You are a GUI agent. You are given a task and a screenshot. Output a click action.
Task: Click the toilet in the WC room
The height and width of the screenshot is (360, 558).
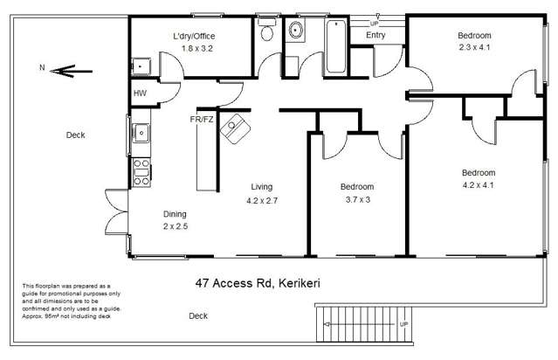point(267,33)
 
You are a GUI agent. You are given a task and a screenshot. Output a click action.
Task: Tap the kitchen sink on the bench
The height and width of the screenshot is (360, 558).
point(141,134)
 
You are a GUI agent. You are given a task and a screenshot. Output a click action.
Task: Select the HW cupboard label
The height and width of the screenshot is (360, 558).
point(140,93)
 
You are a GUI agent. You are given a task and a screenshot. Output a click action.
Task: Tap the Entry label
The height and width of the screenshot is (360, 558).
point(376,35)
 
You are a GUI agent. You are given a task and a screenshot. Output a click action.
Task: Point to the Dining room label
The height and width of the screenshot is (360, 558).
point(176,214)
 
